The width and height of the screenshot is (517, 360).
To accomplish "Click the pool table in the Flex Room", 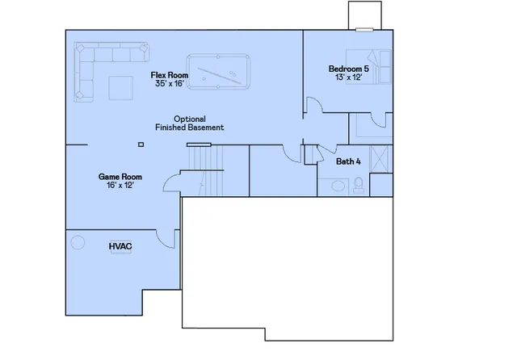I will [219, 70].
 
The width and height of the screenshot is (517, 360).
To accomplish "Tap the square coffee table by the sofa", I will [121, 86].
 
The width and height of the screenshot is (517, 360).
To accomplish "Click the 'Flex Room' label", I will [170, 75].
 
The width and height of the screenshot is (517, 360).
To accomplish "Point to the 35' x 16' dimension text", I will [170, 84].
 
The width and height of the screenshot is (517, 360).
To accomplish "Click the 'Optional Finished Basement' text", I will [189, 123].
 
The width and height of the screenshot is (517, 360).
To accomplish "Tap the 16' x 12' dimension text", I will [120, 185].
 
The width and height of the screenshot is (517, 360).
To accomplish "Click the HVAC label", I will [120, 245].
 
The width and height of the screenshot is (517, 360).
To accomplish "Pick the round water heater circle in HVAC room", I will [78, 241].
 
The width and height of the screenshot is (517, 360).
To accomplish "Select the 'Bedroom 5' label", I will [348, 69].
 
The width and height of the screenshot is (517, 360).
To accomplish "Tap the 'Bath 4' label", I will [348, 161].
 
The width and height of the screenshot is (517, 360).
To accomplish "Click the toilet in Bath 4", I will [359, 185].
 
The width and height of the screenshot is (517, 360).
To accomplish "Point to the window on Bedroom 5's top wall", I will [364, 31].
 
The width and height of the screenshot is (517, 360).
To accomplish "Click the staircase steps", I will [212, 171].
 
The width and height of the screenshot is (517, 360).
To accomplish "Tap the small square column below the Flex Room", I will [141, 144].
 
